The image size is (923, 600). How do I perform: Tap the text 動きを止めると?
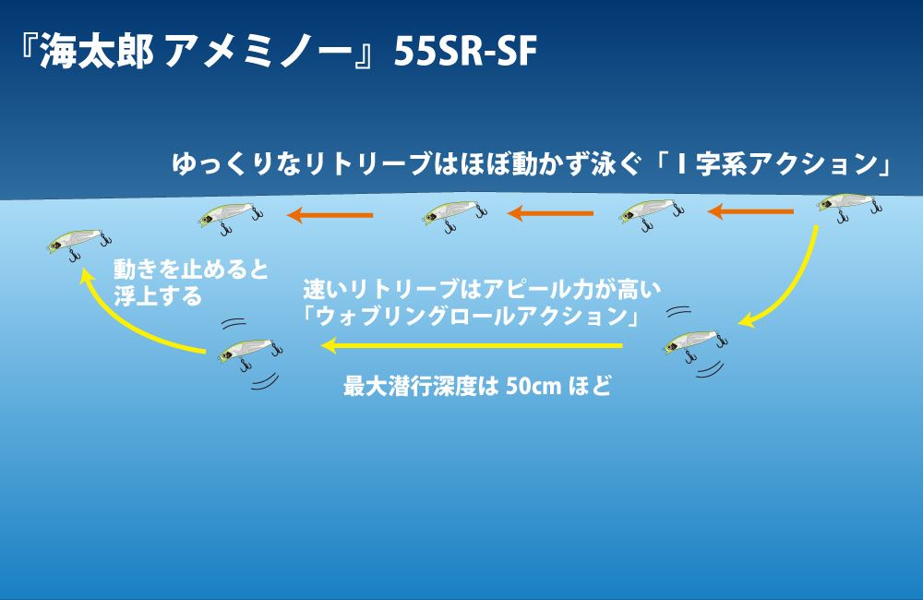[x=190, y=270]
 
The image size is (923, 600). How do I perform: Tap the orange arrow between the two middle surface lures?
[x=551, y=214]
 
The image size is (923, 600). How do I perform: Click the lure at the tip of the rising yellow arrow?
[x=77, y=242]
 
